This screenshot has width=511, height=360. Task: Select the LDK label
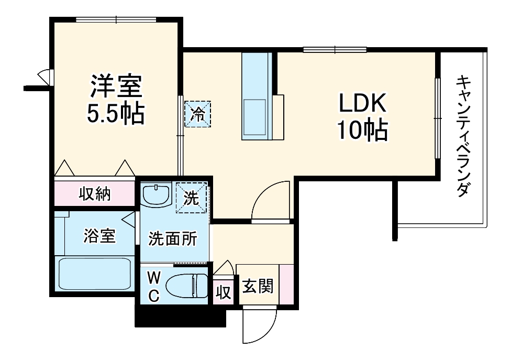tap(362, 104)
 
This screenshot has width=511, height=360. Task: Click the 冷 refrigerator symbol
tap(197, 114)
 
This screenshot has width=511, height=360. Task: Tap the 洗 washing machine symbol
tap(192, 198)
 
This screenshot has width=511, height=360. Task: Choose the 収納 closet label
tap(95, 194)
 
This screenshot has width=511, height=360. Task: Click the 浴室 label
tap(99, 236)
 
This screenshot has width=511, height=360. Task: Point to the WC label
tap(153, 286)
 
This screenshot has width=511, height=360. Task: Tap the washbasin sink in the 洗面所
tap(156, 195)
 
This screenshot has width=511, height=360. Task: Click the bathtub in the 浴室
tap(94, 274)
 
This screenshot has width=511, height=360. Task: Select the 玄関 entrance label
tap(257, 287)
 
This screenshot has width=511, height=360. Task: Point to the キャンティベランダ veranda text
tap(462, 136)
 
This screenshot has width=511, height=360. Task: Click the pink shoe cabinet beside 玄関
tap(286, 284)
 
